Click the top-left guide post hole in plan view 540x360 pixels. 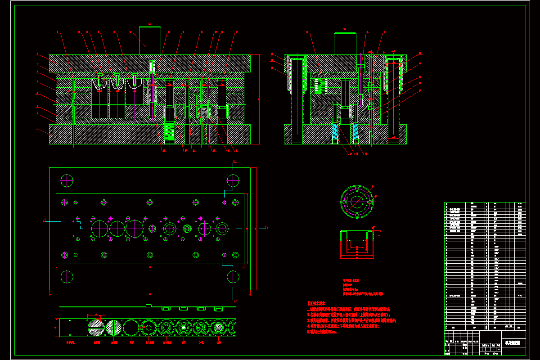point(67,180)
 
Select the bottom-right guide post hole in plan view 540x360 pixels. point(233,276)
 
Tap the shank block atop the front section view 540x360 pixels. point(150,40)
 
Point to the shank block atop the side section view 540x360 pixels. point(345,44)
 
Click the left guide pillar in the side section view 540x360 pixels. point(297,101)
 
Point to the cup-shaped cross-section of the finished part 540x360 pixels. point(357,244)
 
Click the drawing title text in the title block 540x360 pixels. point(513,343)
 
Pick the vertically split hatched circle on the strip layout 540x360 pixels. point(113,327)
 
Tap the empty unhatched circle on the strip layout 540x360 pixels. point(131,327)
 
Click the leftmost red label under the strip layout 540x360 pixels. point(70,343)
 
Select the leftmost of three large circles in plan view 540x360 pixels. point(99,229)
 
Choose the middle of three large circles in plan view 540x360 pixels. point(117,229)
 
